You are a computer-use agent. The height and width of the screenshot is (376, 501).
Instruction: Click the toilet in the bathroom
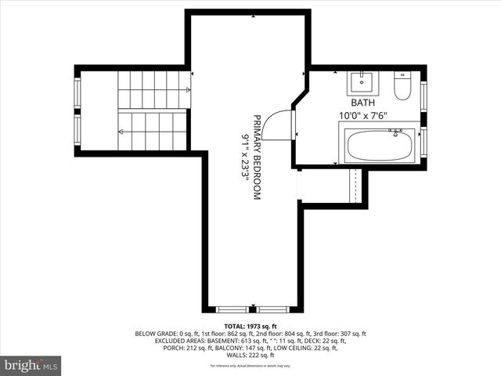pos(402,86)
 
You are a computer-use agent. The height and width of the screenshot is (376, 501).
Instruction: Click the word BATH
pos(362,103)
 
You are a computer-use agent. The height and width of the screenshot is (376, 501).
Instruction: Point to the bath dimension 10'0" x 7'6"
pos(363,115)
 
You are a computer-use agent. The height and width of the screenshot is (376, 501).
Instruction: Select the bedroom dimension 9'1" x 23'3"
pos(244,157)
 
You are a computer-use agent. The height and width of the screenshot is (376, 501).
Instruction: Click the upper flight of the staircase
pos(153,81)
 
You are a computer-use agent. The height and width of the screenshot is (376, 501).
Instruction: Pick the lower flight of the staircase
pos(153,131)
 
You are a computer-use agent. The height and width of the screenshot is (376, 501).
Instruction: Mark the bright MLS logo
pos(31,365)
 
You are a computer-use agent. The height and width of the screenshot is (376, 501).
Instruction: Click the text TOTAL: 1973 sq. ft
pos(250,326)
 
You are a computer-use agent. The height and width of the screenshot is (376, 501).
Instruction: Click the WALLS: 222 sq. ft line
pos(250,355)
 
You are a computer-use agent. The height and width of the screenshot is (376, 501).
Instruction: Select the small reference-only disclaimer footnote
pos(250,366)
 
